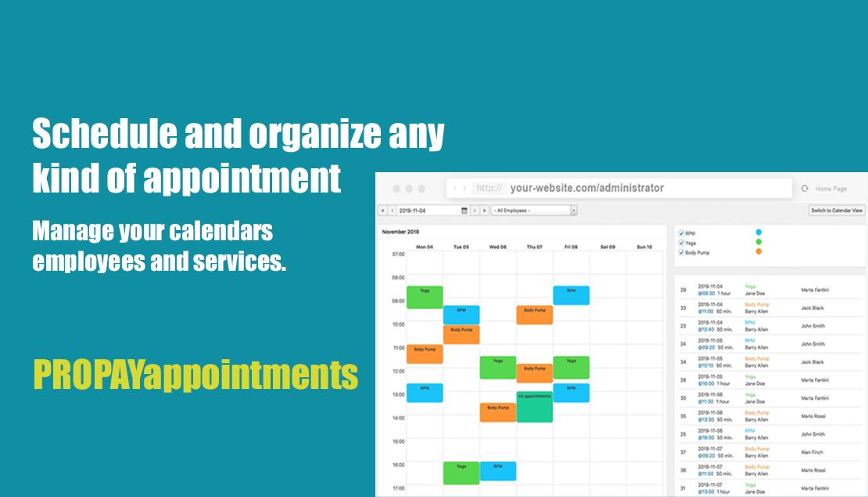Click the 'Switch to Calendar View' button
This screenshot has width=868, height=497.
click(837, 211)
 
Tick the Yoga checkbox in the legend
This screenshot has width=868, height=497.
click(682, 243)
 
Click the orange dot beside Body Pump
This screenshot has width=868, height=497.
click(759, 252)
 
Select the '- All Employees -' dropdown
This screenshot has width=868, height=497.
click(534, 211)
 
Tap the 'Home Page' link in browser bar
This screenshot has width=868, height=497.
click(830, 189)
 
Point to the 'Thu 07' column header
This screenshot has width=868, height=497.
click(534, 247)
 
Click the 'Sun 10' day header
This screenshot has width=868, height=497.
click(644, 247)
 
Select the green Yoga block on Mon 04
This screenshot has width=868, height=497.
click(425, 297)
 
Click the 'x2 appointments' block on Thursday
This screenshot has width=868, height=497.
click(534, 407)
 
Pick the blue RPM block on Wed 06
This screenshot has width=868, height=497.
click(497, 471)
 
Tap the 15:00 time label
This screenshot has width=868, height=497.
click(398, 441)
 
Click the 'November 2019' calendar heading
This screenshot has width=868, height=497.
click(400, 232)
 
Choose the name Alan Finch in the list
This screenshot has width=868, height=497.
click(812, 452)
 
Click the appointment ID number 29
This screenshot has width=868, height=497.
click(683, 290)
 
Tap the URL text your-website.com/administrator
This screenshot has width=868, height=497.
click(586, 188)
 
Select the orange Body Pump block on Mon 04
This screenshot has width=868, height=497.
click(425, 354)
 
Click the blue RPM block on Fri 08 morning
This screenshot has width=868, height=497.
click(571, 295)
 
